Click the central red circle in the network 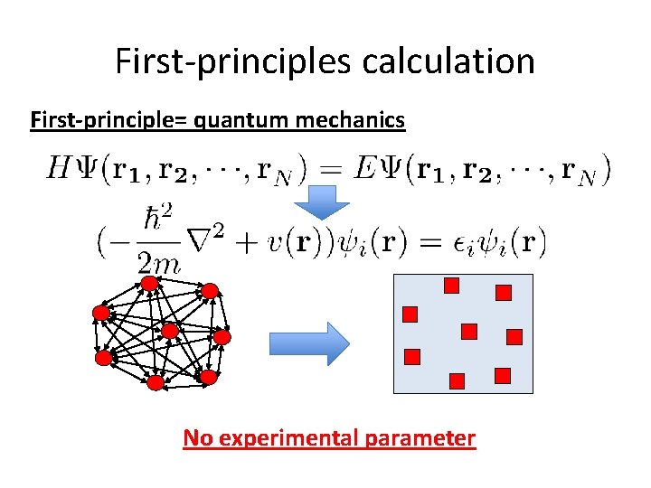pyautogui.click(x=169, y=331)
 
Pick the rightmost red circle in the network pyautogui.click(x=222, y=336)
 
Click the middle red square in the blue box pyautogui.click(x=468, y=332)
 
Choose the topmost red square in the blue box pyautogui.click(x=451, y=286)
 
